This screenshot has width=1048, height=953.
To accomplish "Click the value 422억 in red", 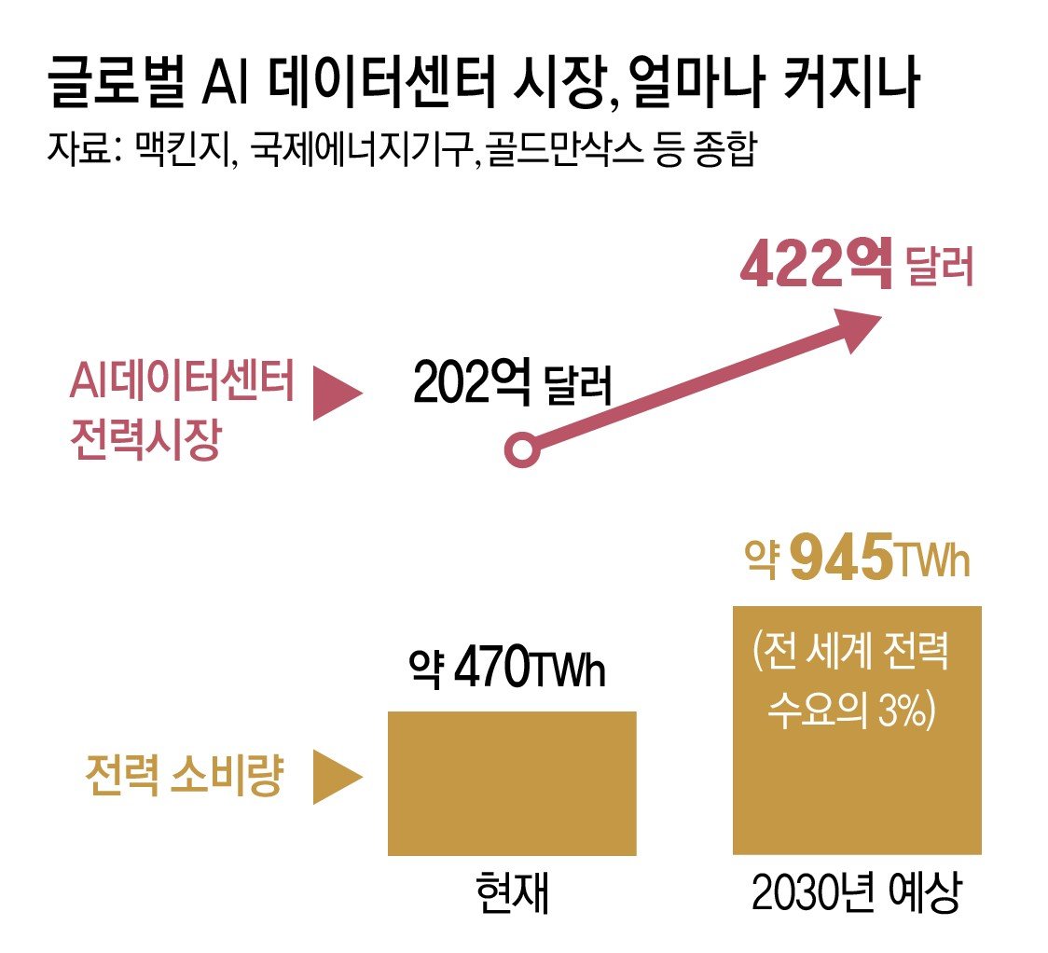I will point(815,267).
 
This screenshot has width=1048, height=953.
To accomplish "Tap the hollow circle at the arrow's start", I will point(521,451).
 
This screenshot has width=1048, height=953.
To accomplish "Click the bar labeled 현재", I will point(512,783).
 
